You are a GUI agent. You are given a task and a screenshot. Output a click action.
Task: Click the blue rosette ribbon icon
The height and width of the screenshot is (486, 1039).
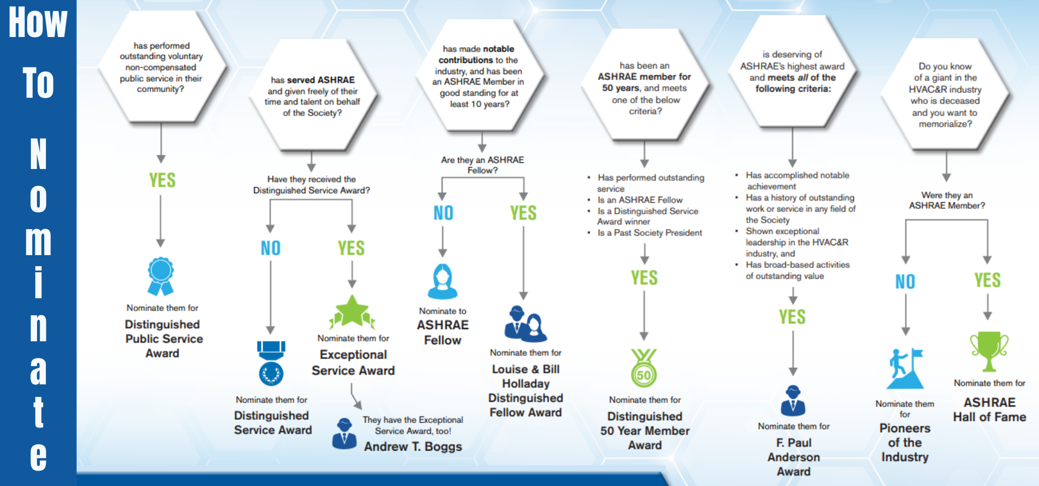[x=161, y=276]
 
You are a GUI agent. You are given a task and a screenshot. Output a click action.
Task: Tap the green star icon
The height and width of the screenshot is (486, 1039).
[x=352, y=312]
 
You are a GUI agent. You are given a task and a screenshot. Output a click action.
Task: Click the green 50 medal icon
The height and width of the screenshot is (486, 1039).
[x=644, y=368]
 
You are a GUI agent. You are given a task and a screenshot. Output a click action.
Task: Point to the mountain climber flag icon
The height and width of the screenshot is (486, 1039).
[x=905, y=368]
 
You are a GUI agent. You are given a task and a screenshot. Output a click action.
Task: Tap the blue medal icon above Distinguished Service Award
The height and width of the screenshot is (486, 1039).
[x=271, y=363]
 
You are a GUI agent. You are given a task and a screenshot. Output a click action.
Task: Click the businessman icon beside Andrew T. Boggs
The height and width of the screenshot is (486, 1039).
[x=344, y=433]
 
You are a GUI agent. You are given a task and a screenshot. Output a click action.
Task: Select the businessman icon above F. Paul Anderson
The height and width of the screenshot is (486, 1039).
[x=793, y=400]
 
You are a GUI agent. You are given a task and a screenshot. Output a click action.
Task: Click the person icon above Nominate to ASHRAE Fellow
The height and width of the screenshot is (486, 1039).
[x=442, y=281]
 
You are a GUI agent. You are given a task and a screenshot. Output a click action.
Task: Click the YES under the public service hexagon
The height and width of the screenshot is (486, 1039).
[x=162, y=180]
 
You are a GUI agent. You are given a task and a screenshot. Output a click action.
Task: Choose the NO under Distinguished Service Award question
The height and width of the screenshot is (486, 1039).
[x=271, y=249]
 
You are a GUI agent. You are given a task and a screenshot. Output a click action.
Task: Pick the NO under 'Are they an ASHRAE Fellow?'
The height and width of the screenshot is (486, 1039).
[x=443, y=213]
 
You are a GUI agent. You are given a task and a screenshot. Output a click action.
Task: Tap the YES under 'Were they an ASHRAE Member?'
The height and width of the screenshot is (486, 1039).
[x=988, y=281]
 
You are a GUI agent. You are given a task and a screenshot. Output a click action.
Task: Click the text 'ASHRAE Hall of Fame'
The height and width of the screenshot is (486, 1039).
[x=989, y=410]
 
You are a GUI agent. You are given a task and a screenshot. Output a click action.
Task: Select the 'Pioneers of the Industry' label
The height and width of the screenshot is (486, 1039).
[x=905, y=442]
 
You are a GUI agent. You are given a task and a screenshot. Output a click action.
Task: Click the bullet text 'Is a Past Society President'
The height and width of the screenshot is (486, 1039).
[x=650, y=233]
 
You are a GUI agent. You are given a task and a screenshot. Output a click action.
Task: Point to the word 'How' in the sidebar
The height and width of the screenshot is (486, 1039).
[x=38, y=23]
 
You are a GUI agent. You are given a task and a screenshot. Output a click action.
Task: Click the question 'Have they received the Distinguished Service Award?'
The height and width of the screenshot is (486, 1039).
[x=312, y=184]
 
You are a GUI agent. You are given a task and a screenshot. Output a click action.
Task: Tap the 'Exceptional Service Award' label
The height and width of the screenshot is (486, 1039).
[x=353, y=362]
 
